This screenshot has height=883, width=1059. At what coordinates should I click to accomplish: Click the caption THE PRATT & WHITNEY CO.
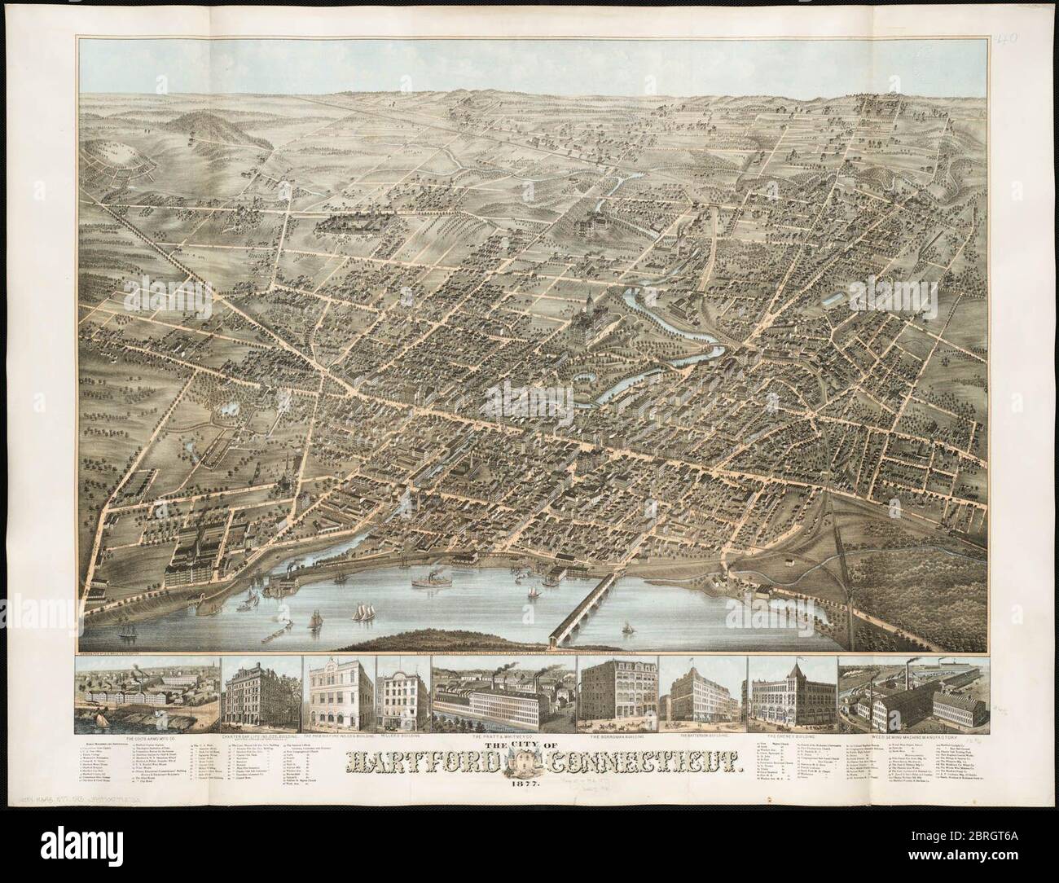[x=503, y=735]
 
